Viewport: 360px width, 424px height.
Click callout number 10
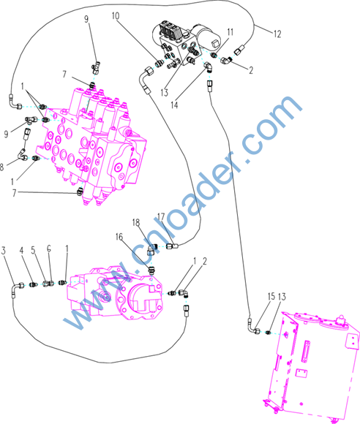coord(116,16)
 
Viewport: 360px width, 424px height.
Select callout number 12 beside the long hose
coord(277,34)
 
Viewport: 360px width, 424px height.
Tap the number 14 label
coord(174,105)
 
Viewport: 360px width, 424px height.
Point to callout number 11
coord(230,32)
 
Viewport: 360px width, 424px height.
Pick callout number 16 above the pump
coord(119,237)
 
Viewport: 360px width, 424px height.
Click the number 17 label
coord(161,216)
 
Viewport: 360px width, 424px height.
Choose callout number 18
coord(136,222)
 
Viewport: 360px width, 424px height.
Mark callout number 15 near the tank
coord(271,296)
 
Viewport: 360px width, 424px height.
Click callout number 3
coord(3,251)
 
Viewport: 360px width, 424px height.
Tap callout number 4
coord(22,251)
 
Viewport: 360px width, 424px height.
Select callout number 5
coord(33,250)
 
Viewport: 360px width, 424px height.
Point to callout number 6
coord(49,249)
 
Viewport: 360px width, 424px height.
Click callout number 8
coord(2,167)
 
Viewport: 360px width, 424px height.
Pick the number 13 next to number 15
coord(282,297)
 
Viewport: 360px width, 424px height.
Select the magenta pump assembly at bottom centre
coord(115,293)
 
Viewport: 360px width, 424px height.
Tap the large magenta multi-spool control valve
coord(92,146)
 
